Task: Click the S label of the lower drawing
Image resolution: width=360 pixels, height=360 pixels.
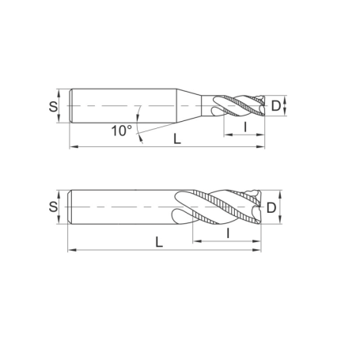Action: (53, 207)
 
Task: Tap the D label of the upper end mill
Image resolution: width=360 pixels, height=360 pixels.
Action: (275, 105)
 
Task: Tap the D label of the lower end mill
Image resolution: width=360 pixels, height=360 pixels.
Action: (271, 208)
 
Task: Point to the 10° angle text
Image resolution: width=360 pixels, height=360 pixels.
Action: (120, 131)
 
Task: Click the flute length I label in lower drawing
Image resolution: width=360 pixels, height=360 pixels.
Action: (228, 233)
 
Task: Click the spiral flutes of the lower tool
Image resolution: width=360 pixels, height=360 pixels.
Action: (218, 208)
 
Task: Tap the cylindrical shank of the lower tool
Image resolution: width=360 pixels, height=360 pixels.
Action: (119, 207)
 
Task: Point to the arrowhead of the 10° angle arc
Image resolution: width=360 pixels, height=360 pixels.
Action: (139, 139)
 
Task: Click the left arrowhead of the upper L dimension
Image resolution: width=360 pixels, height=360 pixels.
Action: (74, 147)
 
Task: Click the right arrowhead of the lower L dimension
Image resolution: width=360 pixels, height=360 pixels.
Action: (258, 250)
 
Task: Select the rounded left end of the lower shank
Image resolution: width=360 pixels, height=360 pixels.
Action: (72, 207)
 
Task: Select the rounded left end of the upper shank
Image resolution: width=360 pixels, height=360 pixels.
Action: (72, 104)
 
